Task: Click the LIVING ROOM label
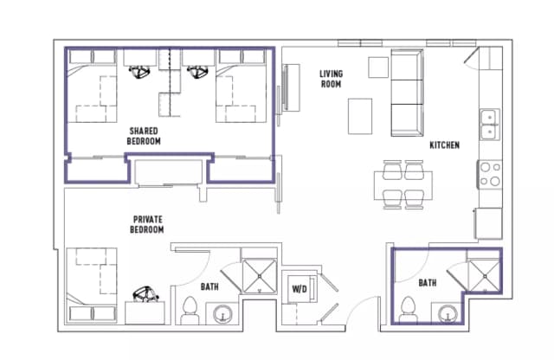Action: click(x=329, y=79)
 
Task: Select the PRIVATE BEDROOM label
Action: click(x=148, y=224)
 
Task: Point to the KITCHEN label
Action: click(x=444, y=145)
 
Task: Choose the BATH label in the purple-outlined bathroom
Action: click(x=427, y=283)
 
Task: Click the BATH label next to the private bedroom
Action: click(x=209, y=286)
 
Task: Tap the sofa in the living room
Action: click(x=405, y=93)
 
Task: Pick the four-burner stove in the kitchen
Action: click(x=490, y=174)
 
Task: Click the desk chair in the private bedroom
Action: click(x=145, y=295)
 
